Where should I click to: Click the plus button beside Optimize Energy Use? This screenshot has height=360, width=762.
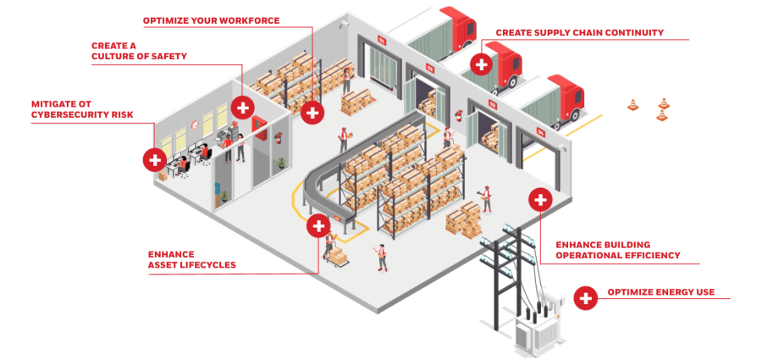[586, 297]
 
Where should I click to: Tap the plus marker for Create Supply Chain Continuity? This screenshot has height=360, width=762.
[482, 64]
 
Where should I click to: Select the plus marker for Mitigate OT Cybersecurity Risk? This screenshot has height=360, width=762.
[155, 159]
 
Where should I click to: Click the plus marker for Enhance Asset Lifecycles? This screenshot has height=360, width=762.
[318, 225]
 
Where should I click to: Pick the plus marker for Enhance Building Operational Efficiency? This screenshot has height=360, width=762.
[540, 199]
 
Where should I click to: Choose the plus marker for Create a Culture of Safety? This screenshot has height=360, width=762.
[242, 107]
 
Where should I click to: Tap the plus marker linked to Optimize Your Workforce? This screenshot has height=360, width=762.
[312, 113]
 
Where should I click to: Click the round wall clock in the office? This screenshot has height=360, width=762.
[195, 125]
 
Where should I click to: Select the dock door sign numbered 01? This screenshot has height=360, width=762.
[382, 41]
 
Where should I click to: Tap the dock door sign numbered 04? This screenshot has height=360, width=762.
[540, 131]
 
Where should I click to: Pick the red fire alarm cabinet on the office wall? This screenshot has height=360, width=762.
[260, 129]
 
